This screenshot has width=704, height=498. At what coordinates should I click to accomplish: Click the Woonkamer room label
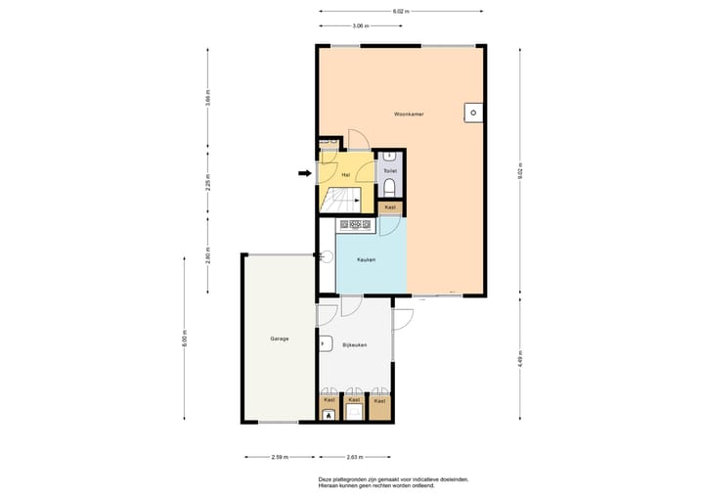click(x=409, y=114)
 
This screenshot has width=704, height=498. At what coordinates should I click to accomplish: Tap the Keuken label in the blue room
click(x=367, y=259)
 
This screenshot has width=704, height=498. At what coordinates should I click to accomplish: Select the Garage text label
click(x=279, y=339)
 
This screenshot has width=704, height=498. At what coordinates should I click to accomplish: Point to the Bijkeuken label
click(x=354, y=345)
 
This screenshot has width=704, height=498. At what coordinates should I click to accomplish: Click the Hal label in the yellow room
click(x=345, y=174)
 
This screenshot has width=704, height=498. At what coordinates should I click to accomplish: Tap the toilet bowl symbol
click(x=390, y=186)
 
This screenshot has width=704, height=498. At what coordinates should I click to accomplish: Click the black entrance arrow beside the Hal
click(x=304, y=174)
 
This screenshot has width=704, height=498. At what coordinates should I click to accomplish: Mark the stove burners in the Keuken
click(x=355, y=225)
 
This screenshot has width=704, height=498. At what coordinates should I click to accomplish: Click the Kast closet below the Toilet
click(x=390, y=207)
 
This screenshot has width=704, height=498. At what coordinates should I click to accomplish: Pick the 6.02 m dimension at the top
click(x=401, y=11)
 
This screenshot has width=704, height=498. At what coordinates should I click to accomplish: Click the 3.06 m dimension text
click(x=360, y=26)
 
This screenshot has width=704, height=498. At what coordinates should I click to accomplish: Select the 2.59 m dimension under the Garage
click(x=279, y=457)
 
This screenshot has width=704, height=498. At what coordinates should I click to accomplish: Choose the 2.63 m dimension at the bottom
click(x=355, y=457)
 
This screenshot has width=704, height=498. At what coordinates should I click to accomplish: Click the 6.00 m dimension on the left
click(x=184, y=339)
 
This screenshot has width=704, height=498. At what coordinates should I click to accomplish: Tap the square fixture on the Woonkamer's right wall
click(x=472, y=113)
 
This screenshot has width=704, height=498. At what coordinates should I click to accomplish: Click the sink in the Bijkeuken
click(x=323, y=343)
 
